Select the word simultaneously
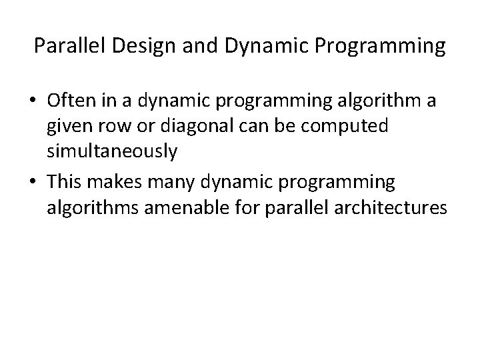pos(112,151)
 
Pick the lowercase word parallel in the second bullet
pos(307,209)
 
